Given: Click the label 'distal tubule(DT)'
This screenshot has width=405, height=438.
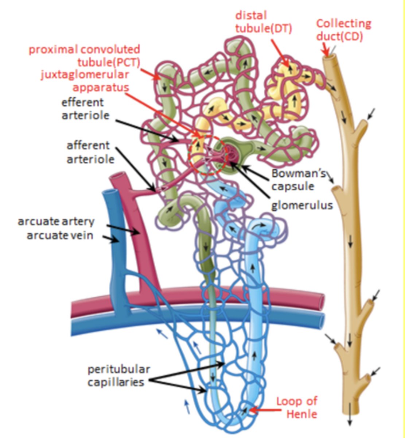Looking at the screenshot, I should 263,22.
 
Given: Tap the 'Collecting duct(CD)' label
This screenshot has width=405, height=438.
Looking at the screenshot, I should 343,30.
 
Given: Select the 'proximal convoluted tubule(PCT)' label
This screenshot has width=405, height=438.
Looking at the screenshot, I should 85,55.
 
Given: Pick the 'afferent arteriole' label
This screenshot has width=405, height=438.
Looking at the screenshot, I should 88,152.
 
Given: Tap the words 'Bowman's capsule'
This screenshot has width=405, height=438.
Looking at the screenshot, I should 298,179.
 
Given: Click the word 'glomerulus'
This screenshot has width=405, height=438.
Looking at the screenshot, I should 302,205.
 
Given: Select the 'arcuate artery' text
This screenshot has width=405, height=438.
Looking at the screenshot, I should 56,222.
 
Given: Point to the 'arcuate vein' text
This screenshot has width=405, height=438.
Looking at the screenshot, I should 60,235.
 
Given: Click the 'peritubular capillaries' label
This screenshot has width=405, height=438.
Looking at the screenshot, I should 118,376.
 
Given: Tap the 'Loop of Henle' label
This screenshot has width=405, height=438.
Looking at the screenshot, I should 296,407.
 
